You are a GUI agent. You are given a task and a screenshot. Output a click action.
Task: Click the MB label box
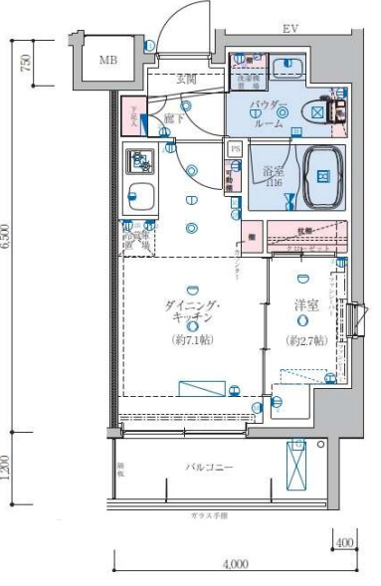tap(108, 60)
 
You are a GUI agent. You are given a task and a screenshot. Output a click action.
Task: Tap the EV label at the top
tap(290, 29)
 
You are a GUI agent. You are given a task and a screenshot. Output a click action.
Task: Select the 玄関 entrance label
tap(185, 78)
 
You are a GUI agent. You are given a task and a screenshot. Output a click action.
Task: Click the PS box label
tap(236, 149)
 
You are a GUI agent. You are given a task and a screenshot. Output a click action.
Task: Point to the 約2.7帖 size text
tap(305, 339)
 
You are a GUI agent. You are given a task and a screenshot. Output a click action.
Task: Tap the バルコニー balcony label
tap(207, 465)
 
